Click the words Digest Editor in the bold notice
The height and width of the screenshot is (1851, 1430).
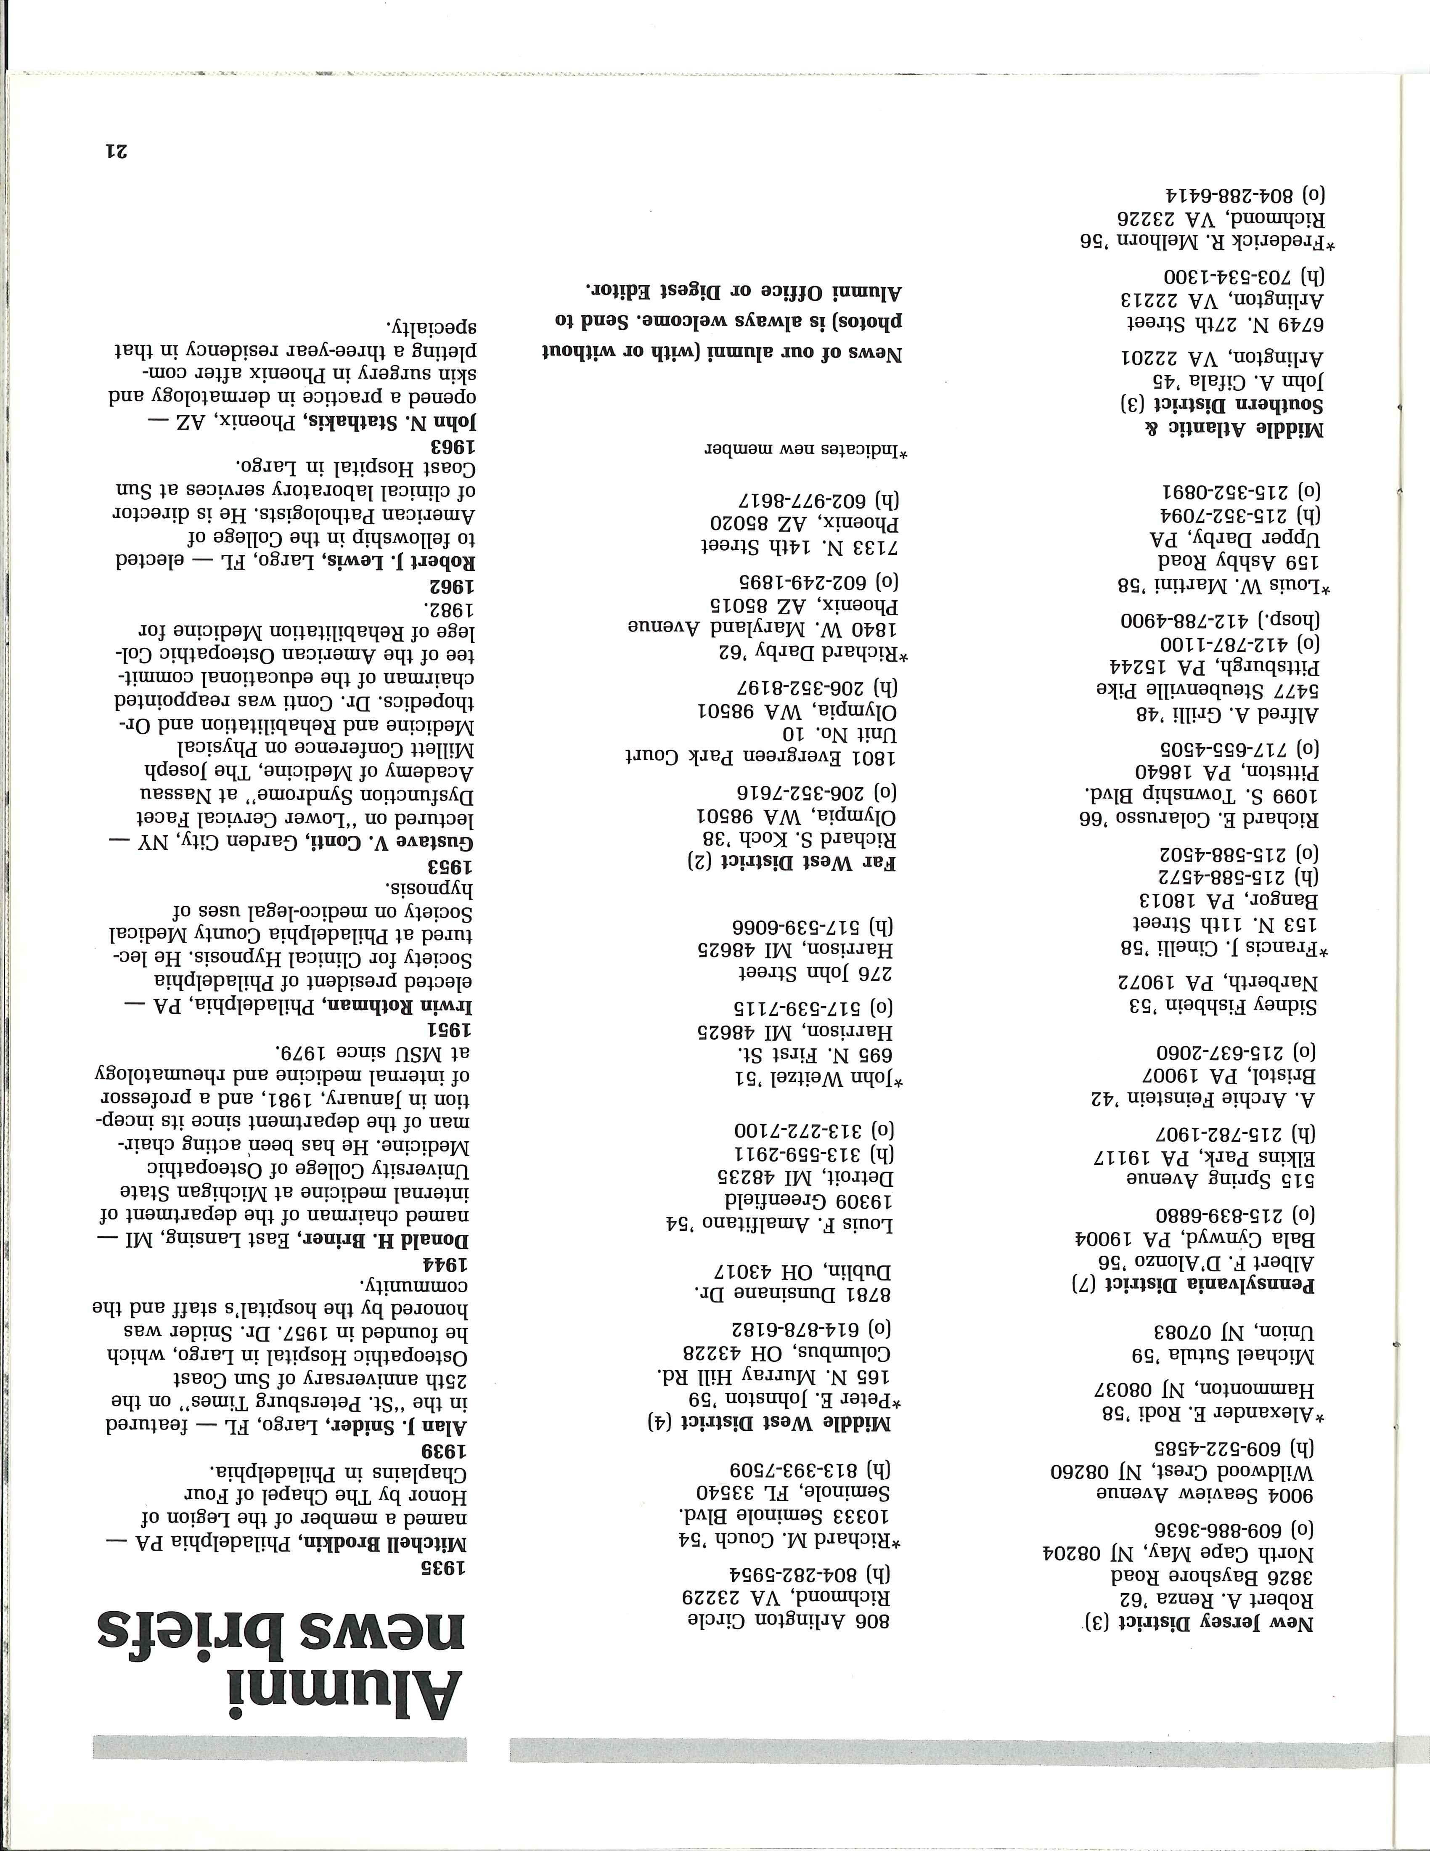pyautogui.click(x=644, y=291)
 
